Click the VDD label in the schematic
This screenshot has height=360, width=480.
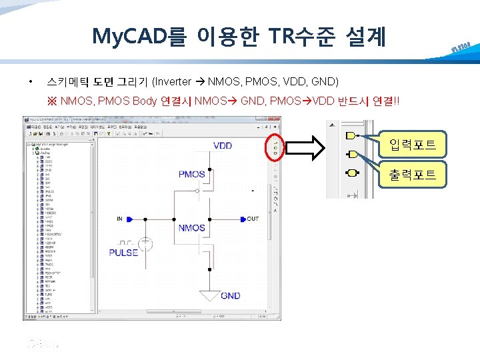[x=223, y=145]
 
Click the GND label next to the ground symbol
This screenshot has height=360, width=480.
[x=231, y=295]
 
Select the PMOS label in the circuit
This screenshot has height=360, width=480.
[x=192, y=174]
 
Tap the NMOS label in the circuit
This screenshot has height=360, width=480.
[x=192, y=228]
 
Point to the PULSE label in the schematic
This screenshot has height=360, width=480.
[x=123, y=253]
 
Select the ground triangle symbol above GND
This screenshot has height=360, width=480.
[x=209, y=294]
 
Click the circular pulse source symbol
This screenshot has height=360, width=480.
[x=147, y=245]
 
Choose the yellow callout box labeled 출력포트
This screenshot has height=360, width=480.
[x=413, y=175]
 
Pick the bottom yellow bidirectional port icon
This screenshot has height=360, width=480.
[x=351, y=173]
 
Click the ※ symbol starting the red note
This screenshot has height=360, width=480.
[x=52, y=101]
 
